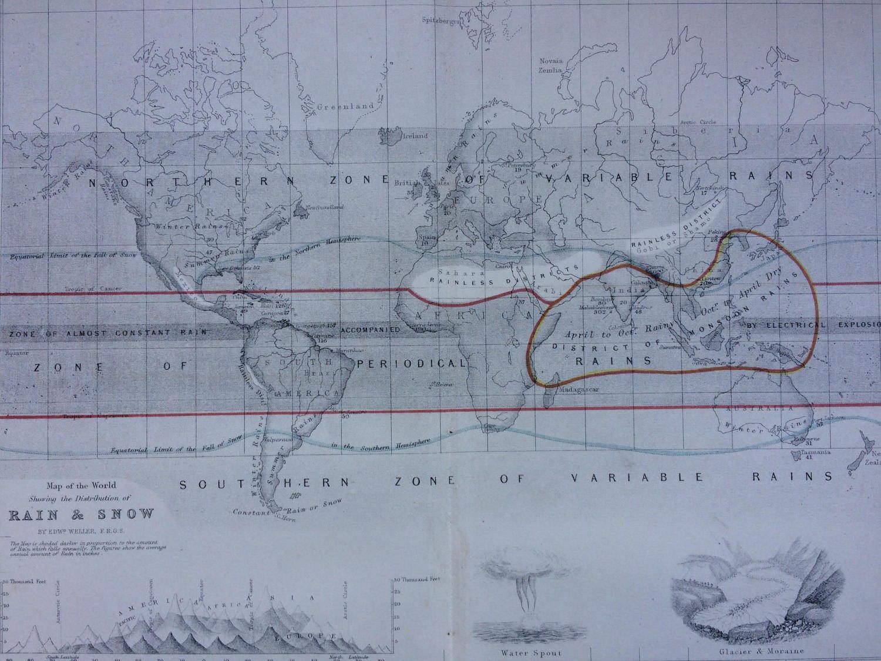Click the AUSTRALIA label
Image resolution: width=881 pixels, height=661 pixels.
point(761,408)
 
